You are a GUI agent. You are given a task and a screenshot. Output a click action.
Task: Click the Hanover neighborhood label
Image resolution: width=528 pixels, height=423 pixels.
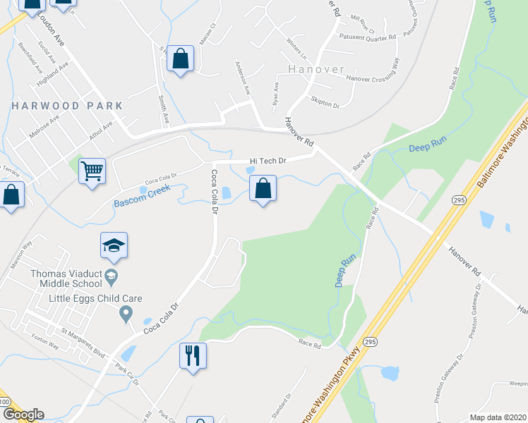[316, 70]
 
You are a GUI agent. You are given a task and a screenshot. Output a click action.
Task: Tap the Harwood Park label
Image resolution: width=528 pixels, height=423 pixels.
[67, 106]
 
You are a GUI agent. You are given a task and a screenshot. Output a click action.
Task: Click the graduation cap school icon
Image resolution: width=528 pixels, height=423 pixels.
[114, 246]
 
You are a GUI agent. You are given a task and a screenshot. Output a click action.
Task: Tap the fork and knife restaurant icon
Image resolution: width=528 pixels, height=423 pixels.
[193, 354]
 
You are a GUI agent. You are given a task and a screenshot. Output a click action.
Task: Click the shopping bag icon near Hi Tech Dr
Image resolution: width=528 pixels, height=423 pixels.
[263, 189]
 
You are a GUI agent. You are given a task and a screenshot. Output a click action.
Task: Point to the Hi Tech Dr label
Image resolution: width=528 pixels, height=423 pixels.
[267, 161]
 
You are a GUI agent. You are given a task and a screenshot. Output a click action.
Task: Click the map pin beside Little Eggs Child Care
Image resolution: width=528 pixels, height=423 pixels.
[126, 312]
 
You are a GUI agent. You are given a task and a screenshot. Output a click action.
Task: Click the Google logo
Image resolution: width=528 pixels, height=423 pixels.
[23, 415]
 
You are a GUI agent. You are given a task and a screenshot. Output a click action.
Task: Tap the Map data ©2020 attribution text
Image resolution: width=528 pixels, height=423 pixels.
[498, 417]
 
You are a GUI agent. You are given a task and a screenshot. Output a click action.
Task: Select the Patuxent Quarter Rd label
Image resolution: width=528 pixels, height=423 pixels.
[366, 37]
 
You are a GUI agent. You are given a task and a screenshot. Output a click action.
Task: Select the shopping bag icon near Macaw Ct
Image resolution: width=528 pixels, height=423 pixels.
[180, 60]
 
